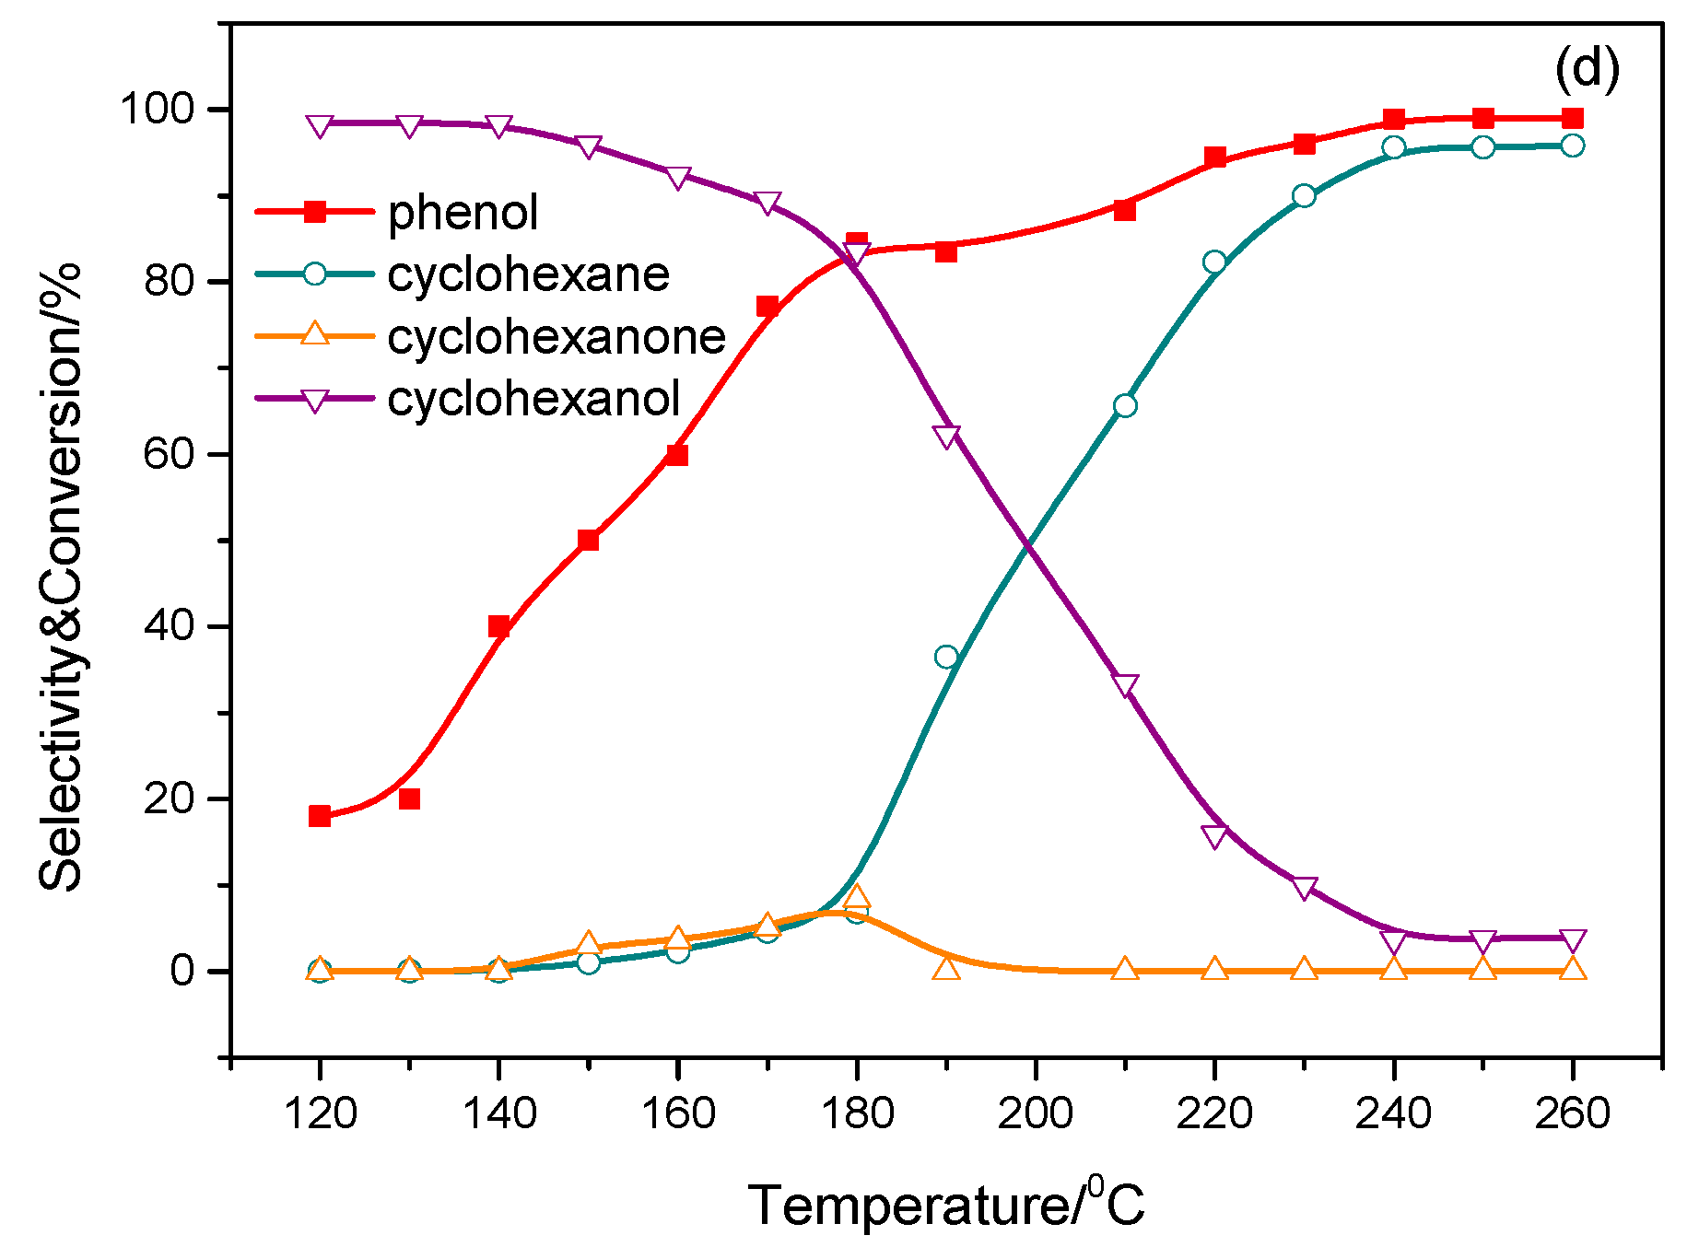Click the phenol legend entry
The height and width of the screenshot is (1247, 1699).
tap(463, 213)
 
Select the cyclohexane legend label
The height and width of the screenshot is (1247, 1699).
tap(528, 274)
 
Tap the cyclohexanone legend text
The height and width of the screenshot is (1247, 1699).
tap(557, 337)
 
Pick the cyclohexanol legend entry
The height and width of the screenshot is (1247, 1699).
tap(533, 399)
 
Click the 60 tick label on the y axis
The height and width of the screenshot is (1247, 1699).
tap(170, 454)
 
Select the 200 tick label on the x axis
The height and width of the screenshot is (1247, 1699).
tap(1036, 1113)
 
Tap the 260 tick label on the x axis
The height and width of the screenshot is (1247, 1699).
tap(1572, 1113)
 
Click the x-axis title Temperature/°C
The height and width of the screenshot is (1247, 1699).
tap(946, 1204)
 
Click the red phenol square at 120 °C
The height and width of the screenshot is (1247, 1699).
tap(320, 816)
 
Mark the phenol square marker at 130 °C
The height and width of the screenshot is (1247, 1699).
tap(409, 798)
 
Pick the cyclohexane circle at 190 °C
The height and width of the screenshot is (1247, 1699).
tap(946, 657)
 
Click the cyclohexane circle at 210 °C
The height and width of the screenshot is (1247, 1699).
tap(1125, 406)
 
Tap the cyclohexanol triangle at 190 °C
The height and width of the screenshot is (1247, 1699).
tap(946, 436)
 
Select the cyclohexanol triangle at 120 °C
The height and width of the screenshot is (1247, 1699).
tap(320, 126)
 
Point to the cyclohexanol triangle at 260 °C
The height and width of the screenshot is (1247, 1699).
tap(1573, 941)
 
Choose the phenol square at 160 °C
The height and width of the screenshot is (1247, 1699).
tap(677, 455)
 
